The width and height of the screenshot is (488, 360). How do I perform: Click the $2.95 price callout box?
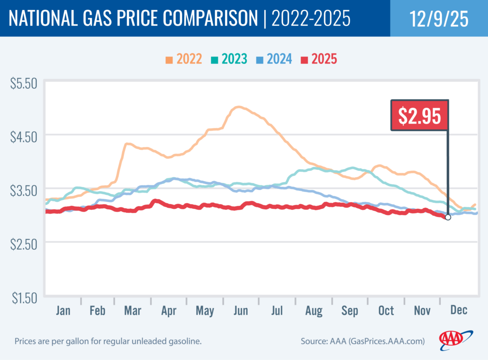point(419,115)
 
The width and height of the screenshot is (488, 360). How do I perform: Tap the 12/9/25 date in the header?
point(438,18)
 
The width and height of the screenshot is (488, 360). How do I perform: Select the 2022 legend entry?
point(184,59)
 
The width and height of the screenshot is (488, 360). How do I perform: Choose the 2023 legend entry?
point(229,59)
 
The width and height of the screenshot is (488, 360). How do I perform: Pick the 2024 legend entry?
point(274,59)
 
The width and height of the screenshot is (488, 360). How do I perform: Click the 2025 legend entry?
point(319,59)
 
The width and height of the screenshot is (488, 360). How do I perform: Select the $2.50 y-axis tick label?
point(24,245)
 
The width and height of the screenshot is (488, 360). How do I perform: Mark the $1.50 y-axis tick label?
point(24,298)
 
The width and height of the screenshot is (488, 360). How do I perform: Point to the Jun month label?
point(241,311)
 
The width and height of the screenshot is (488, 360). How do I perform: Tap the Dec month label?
point(458,311)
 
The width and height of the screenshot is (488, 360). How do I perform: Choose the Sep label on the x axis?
point(350,311)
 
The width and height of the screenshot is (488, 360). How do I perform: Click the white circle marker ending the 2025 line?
point(447,217)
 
